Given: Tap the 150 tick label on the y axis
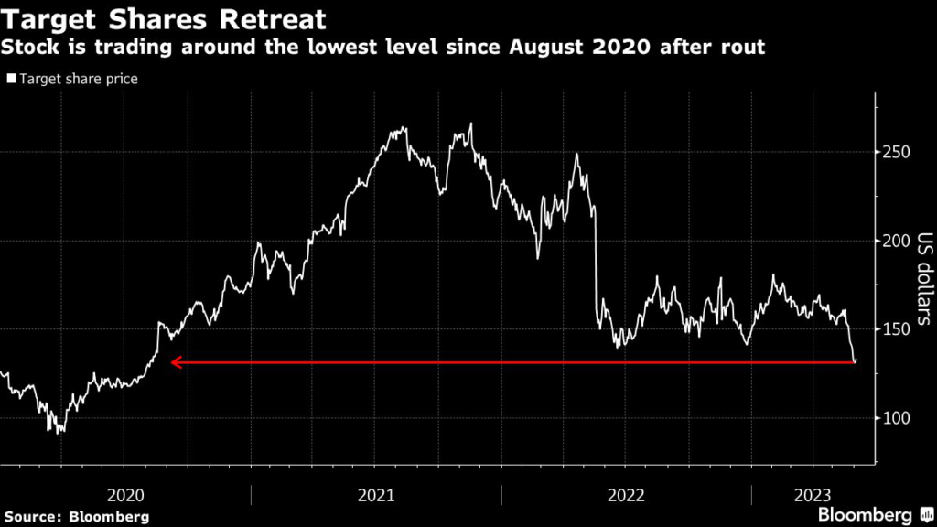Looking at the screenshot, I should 896,329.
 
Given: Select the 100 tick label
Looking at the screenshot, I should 896,418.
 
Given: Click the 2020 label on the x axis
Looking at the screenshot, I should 126,495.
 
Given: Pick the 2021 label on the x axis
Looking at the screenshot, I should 376,495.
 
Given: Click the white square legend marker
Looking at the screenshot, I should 12,80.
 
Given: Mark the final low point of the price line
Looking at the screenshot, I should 855,362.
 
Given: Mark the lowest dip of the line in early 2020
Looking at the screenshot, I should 59,432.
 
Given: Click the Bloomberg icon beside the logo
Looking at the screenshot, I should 923,515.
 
